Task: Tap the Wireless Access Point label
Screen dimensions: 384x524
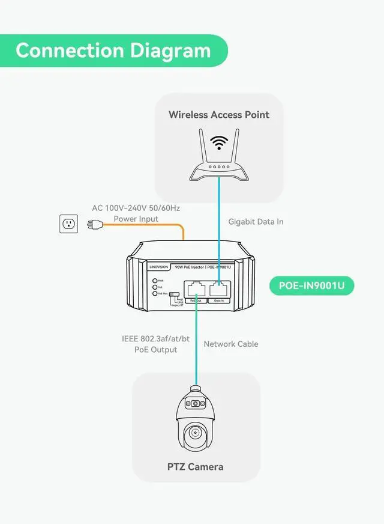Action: (219, 114)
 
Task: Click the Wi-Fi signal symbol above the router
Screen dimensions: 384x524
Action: (219, 144)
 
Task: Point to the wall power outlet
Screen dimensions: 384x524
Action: (69, 225)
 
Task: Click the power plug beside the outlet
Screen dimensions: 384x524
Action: (93, 225)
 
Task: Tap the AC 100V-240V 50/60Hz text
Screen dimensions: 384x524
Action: (136, 208)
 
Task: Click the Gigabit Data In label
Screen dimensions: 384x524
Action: (256, 222)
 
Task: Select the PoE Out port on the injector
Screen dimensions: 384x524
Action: (195, 290)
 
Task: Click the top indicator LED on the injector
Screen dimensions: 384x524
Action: (155, 281)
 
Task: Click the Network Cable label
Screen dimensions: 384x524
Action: (231, 344)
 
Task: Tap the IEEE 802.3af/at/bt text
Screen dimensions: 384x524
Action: (155, 339)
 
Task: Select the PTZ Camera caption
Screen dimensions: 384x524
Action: (195, 466)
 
